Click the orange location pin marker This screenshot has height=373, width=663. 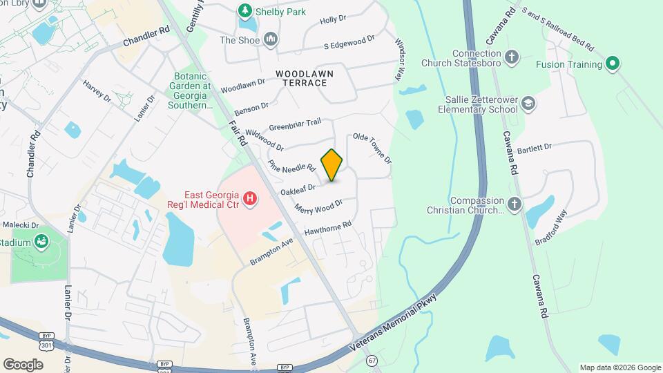click(332, 165)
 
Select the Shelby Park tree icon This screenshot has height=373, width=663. click(244, 10)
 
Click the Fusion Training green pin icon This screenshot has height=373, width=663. click(611, 65)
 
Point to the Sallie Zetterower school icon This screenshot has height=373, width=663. click(528, 103)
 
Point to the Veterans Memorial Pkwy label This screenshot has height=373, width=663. click(414, 314)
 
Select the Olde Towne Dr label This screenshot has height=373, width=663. click(373, 148)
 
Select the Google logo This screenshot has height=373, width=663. click(23, 364)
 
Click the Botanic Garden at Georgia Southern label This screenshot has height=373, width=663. click(189, 90)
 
